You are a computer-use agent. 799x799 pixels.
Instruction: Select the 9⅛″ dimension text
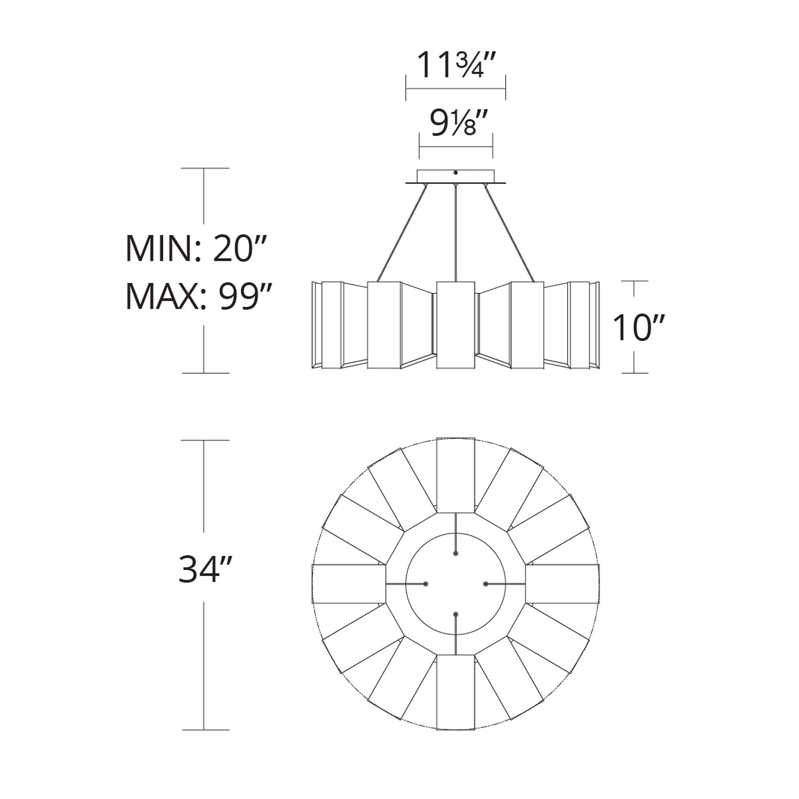[x=455, y=122]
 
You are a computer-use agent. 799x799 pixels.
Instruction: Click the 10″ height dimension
[x=639, y=327]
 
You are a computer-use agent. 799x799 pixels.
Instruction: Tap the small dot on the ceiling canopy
[x=455, y=173]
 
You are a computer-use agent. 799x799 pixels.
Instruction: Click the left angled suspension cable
[x=401, y=233]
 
